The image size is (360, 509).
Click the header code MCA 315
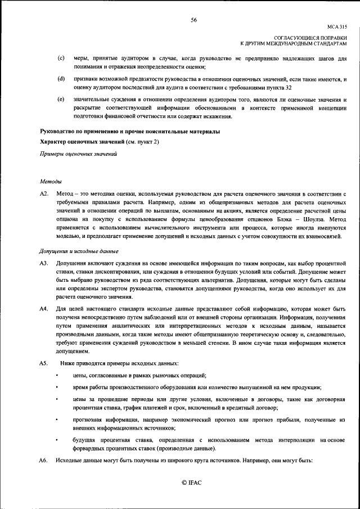(x=336, y=26)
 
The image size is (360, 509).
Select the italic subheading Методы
(x=51, y=181)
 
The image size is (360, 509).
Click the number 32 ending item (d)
(x=288, y=88)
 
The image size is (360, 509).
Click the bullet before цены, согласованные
(x=57, y=375)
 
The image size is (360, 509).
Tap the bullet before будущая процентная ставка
(x=57, y=438)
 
